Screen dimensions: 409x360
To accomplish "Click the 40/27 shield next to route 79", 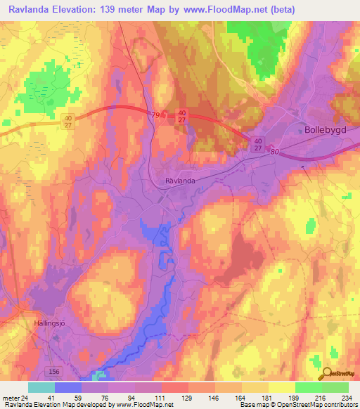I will tap(182, 116).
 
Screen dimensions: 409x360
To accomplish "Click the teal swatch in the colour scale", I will tap(41, 387).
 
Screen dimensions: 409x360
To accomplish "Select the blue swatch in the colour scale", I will tap(68, 387).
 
